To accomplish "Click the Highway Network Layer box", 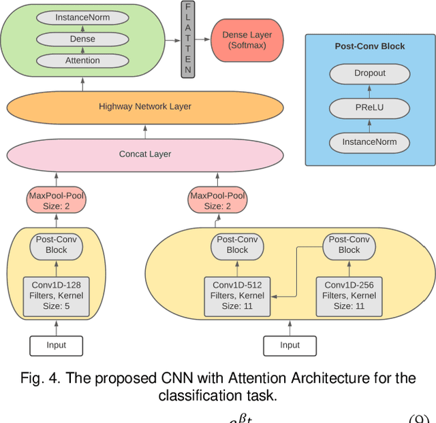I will point(145,107).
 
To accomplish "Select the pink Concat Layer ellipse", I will point(145,154).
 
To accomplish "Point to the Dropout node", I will point(369,73).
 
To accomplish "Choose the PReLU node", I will point(369,107).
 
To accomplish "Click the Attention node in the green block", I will point(82,61).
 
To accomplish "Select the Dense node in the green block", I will point(82,39).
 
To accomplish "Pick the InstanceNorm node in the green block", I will point(82,17).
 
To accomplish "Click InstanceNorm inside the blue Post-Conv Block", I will point(369,142).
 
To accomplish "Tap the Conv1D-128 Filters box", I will point(57,297).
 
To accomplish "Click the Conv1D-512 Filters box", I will point(237,295).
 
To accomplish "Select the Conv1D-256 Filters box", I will point(349,295).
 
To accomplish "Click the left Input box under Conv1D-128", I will point(57,345).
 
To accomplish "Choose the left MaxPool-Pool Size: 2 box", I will point(57,201).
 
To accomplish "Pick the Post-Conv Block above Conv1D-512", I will point(237,245).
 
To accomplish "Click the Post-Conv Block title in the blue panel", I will point(369,46).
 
